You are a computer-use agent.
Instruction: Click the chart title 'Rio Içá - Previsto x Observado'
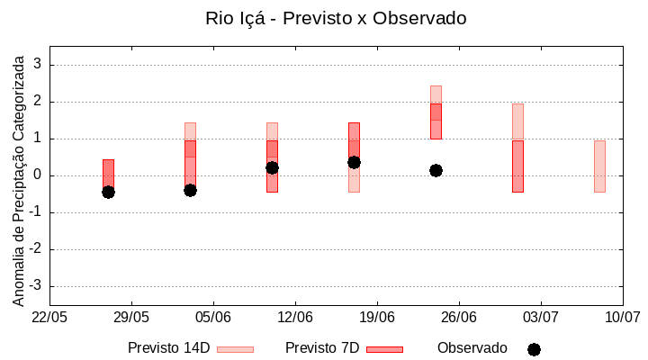tap(336, 18)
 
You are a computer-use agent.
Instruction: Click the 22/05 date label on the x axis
tap(49, 317)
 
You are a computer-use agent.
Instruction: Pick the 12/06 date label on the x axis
tap(295, 317)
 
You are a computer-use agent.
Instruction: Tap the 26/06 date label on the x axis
tap(459, 317)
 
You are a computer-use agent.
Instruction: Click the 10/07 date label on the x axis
tap(622, 317)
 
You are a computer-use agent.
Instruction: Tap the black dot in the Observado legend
tap(534, 349)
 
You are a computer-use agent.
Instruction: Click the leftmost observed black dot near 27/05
tap(108, 192)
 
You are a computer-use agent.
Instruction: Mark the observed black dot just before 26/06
tap(436, 170)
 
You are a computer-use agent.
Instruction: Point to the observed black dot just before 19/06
tap(354, 162)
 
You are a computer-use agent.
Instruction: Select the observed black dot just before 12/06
tap(272, 167)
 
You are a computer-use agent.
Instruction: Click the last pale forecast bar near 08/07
tap(599, 166)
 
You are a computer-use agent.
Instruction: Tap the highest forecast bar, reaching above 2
tap(436, 112)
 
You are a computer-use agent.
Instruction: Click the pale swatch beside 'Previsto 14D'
tap(235, 349)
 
